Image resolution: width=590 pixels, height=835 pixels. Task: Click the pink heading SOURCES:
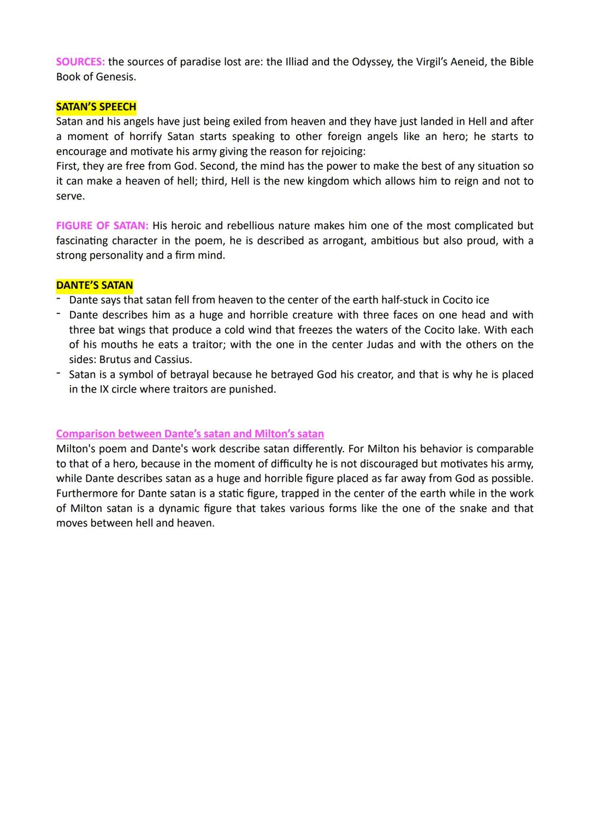coord(81,62)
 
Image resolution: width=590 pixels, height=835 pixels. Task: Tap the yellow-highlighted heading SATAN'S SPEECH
coord(96,107)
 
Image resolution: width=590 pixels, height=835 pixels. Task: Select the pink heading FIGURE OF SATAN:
coord(102,225)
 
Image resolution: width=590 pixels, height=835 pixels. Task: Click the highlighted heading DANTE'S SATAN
coord(95,285)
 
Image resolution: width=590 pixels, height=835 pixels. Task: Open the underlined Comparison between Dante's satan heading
coord(190,434)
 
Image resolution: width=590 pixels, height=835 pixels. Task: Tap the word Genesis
coord(116,77)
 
